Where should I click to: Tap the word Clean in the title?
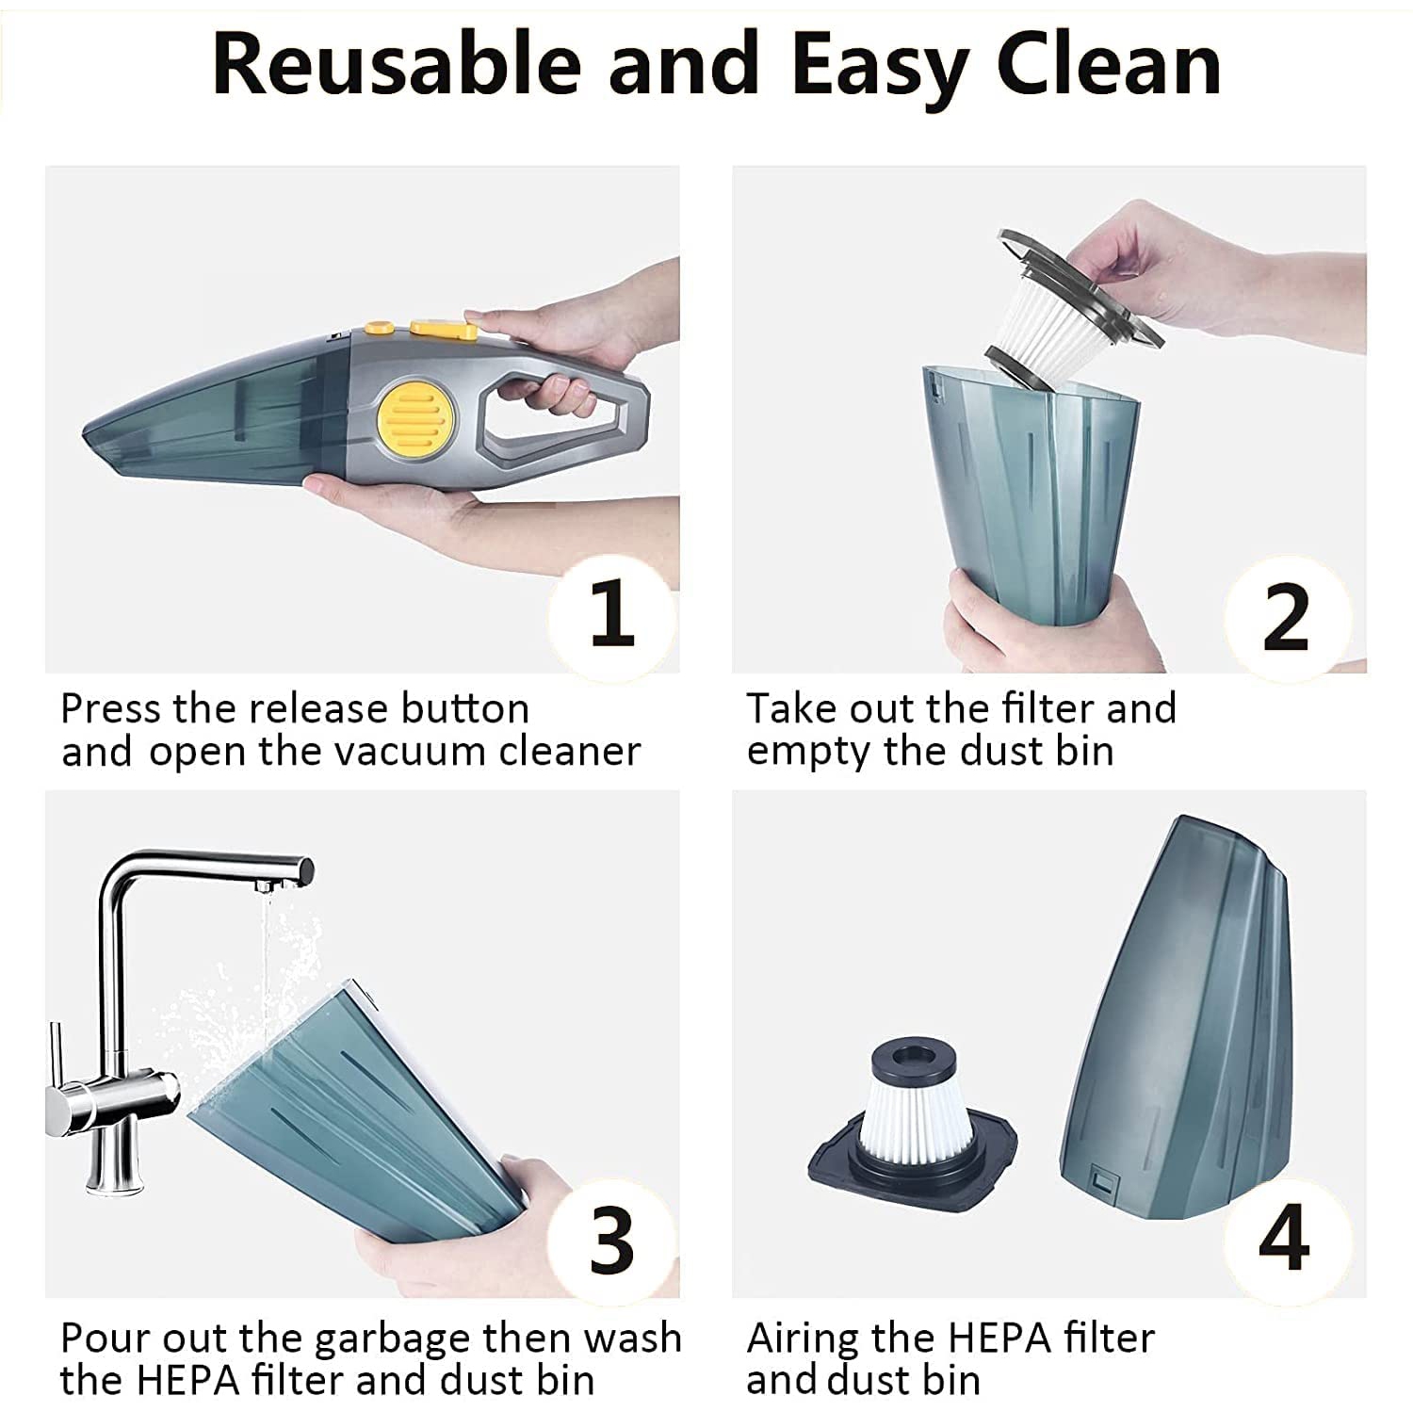(1109, 64)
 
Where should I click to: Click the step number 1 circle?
(612, 613)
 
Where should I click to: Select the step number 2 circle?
(1286, 617)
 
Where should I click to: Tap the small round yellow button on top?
(379, 328)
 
